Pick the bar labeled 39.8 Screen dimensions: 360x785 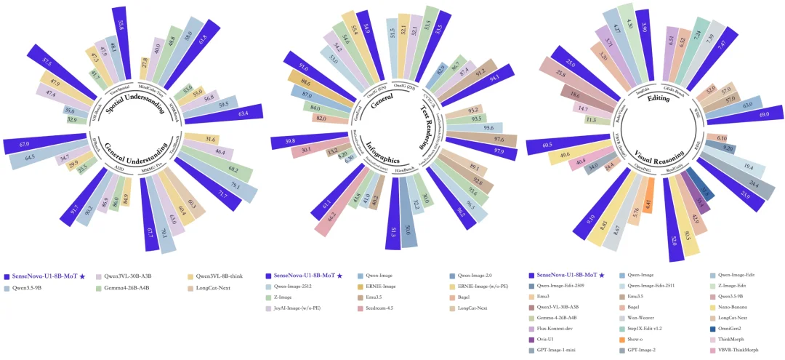[x=286, y=142]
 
